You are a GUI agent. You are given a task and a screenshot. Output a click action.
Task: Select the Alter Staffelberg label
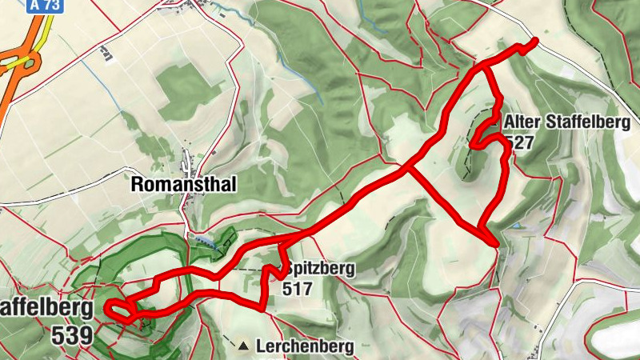[567, 122]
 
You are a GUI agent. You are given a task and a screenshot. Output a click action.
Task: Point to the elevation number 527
[519, 142]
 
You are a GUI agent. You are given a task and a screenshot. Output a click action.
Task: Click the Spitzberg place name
[318, 270]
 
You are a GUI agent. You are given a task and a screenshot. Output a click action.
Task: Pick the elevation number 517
[298, 288]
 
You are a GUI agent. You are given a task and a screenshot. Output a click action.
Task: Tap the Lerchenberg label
[305, 346]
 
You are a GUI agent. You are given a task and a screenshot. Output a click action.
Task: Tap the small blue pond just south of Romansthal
[204, 239]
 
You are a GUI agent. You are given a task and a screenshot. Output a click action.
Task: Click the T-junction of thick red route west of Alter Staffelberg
[410, 169]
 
